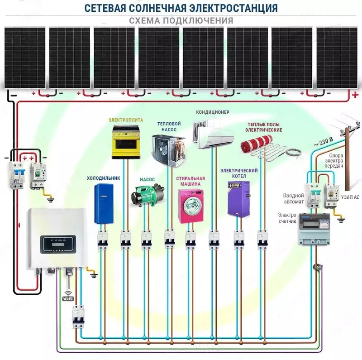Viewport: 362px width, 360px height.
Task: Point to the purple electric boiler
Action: [239, 199]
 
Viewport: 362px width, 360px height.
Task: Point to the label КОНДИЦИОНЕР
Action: [213, 112]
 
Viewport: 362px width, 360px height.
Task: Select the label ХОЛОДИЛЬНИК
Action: [104, 178]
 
